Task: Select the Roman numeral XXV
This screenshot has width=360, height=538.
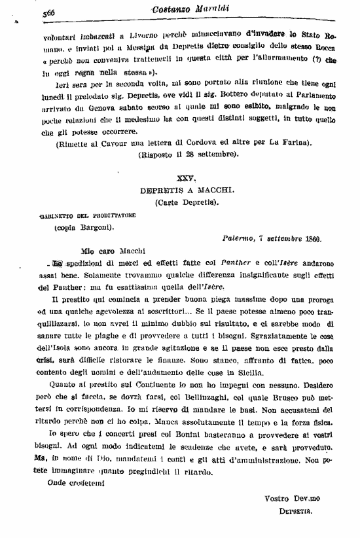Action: coord(187,178)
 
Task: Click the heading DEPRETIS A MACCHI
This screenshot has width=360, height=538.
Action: coord(187,190)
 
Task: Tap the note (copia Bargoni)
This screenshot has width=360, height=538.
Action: coord(83,227)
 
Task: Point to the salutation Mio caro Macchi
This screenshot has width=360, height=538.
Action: coord(96,250)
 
